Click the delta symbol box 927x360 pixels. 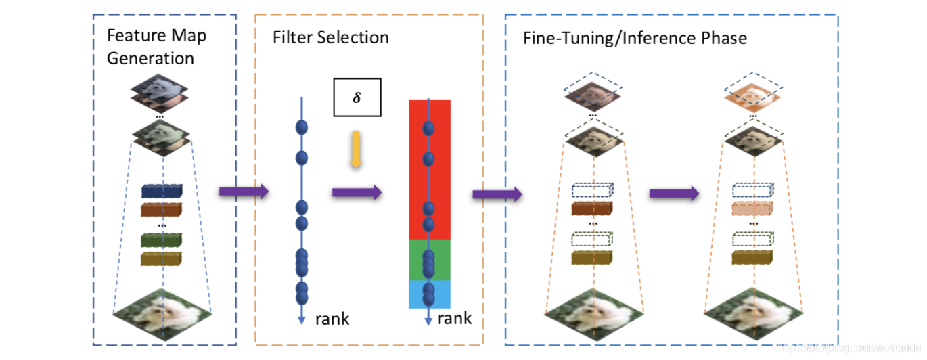tap(357, 97)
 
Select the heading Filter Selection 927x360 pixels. tap(330, 37)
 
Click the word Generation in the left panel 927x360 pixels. tap(150, 58)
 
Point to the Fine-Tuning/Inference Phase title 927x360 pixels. tap(635, 38)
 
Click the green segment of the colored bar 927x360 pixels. tap(430, 260)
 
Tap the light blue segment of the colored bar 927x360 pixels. tap(430, 294)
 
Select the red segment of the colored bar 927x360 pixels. tap(430, 169)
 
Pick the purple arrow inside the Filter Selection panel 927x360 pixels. tap(357, 192)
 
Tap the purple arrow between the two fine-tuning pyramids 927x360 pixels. tap(674, 194)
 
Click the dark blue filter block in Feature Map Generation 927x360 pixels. tap(162, 192)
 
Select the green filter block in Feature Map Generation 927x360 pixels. tap(162, 240)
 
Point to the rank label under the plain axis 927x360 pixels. tap(332, 319)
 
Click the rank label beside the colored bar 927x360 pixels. tap(454, 319)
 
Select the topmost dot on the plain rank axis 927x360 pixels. tap(302, 127)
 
